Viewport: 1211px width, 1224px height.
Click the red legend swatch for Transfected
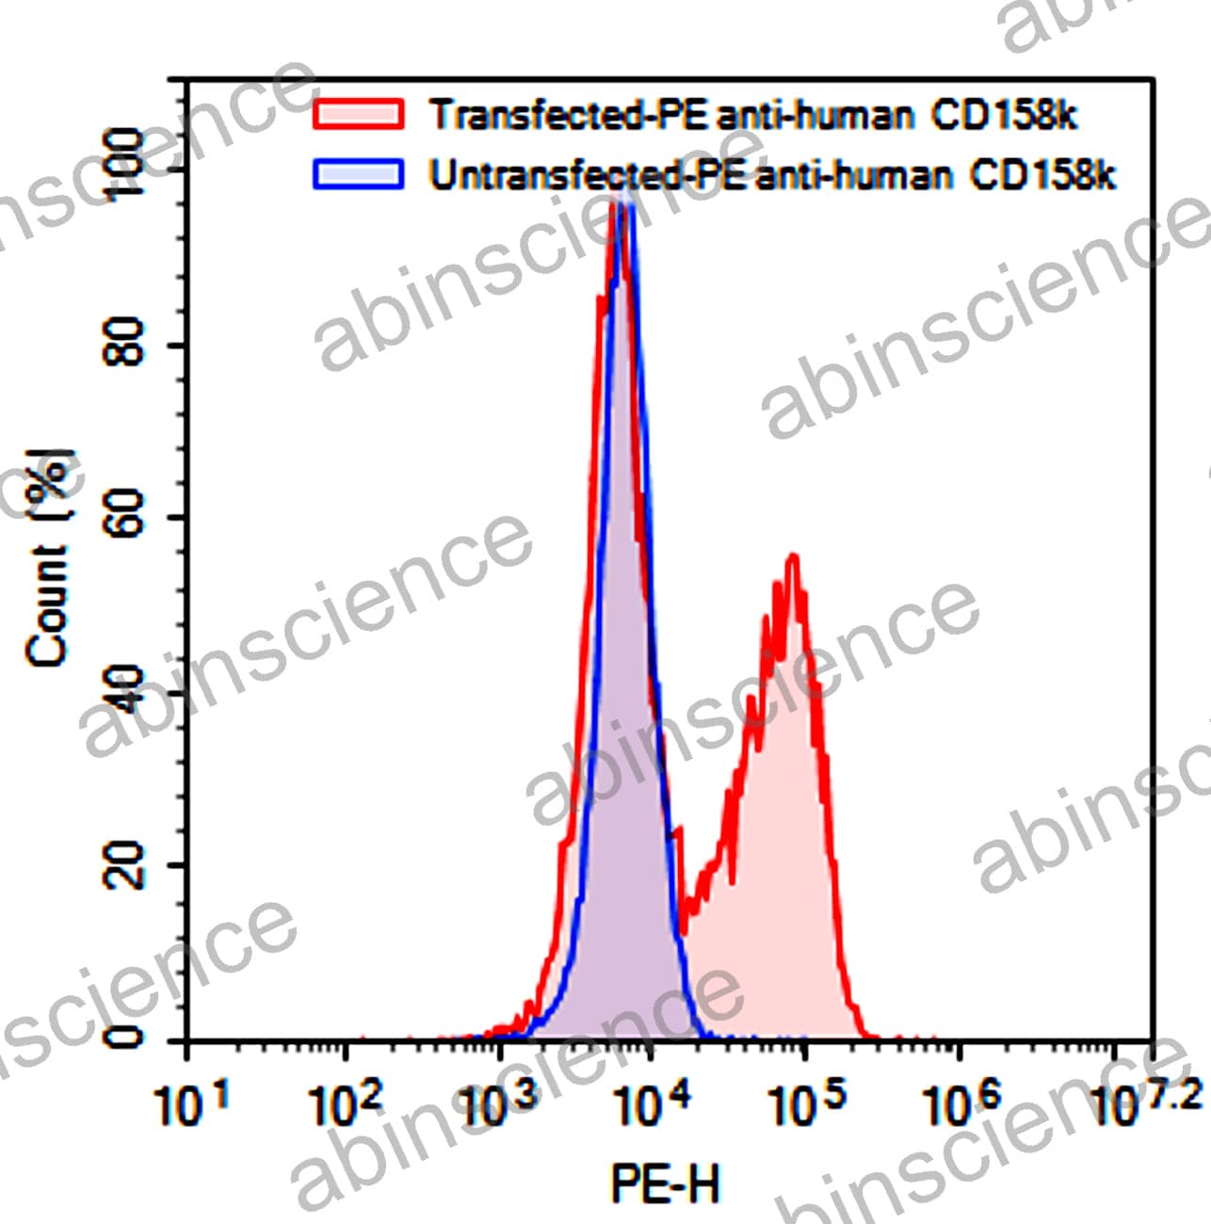click(x=358, y=114)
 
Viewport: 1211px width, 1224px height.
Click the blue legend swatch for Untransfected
click(x=358, y=174)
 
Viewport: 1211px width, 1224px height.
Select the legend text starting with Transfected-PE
click(x=753, y=115)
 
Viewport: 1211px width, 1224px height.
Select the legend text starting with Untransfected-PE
click(x=772, y=175)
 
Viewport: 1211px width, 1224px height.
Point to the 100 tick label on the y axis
click(x=126, y=162)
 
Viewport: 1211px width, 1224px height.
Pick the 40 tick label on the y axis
click(x=126, y=689)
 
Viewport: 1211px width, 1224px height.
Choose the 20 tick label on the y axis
click(x=126, y=864)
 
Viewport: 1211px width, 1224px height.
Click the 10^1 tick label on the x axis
click(x=192, y=1104)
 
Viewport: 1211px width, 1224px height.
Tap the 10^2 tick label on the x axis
click(x=346, y=1104)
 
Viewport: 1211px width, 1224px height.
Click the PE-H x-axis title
click(x=666, y=1183)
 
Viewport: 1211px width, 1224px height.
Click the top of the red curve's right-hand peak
click(x=793, y=556)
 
